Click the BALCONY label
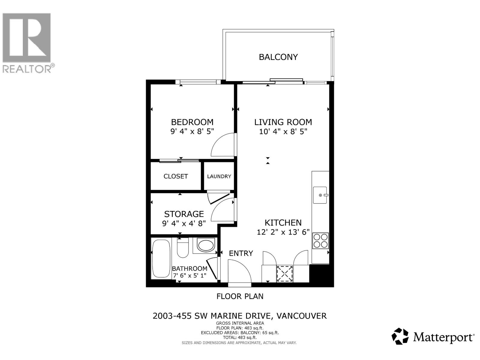278,57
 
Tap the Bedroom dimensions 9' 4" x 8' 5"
192,131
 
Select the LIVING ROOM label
283,122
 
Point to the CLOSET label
175,176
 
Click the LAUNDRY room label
219,176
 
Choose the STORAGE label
184,214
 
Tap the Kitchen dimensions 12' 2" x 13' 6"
283,232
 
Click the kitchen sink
320,195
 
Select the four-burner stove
320,241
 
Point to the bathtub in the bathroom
161,259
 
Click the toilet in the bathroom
183,248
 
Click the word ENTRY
241,253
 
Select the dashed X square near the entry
285,274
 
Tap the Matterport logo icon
400,336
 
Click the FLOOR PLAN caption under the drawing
240,296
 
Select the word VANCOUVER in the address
301,316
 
